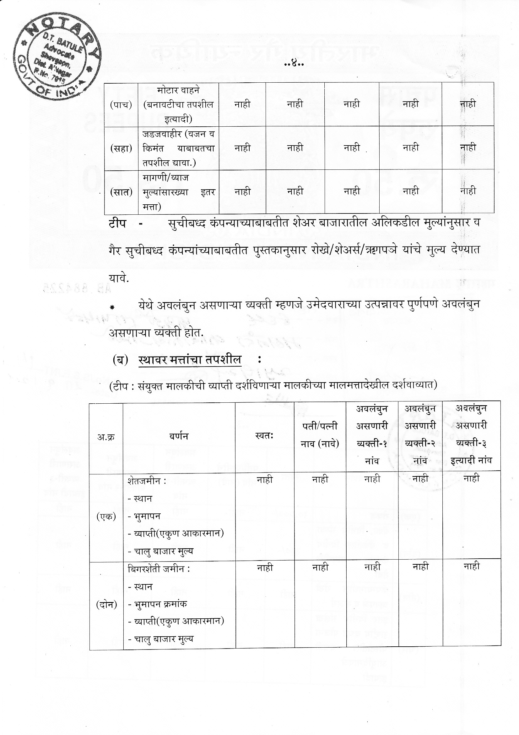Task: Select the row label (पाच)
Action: (x=121, y=105)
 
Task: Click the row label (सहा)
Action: (x=121, y=148)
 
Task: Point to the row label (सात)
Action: (x=121, y=192)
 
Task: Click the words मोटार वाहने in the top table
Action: (x=178, y=90)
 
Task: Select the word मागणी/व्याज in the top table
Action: (x=161, y=177)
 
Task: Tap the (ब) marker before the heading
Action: (x=120, y=360)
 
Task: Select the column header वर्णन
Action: (x=179, y=436)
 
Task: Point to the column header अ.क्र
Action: (x=106, y=437)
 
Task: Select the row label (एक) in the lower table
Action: (x=106, y=517)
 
